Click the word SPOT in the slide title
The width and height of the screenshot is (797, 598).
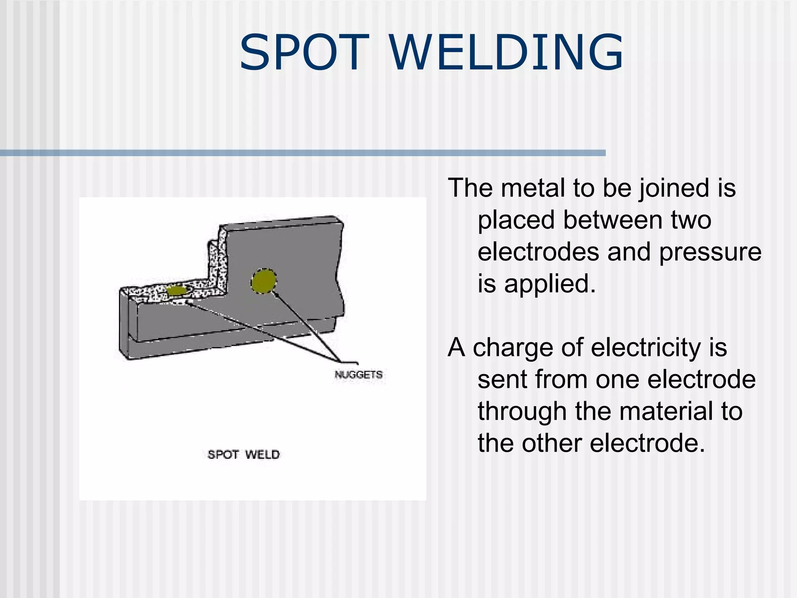pyautogui.click(x=304, y=53)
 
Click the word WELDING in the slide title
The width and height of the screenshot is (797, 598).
pyautogui.click(x=506, y=53)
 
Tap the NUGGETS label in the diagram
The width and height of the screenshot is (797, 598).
pyautogui.click(x=358, y=375)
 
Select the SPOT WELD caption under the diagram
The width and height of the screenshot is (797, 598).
pyautogui.click(x=244, y=454)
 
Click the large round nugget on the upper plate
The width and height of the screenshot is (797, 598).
pyautogui.click(x=264, y=281)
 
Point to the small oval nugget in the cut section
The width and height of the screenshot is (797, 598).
pyautogui.click(x=176, y=290)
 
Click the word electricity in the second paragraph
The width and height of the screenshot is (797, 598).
pyautogui.click(x=646, y=348)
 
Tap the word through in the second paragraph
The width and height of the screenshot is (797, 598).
pyautogui.click(x=522, y=411)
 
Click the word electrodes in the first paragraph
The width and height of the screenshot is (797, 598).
pyautogui.click(x=538, y=252)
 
